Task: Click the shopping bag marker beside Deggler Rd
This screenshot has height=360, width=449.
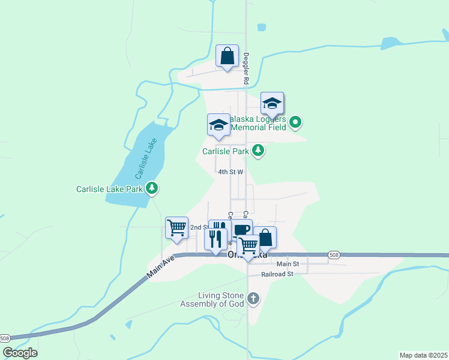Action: tap(228, 57)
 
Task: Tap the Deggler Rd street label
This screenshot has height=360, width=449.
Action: tap(246, 67)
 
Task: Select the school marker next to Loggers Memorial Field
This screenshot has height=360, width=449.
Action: tap(272, 104)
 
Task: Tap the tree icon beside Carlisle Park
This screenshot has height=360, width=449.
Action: tap(258, 150)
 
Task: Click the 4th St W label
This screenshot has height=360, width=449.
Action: tap(231, 172)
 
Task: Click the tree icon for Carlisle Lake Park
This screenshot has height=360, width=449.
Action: tap(152, 188)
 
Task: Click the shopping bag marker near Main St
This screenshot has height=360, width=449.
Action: tap(265, 238)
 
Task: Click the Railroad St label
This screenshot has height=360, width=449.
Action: tap(277, 274)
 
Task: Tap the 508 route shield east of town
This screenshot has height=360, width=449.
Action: tap(333, 255)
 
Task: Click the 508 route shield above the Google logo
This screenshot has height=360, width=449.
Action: tap(5, 338)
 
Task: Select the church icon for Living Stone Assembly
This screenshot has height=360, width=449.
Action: tap(253, 298)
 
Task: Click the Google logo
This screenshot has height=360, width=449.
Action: tap(20, 353)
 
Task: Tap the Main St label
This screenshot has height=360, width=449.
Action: tap(288, 264)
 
